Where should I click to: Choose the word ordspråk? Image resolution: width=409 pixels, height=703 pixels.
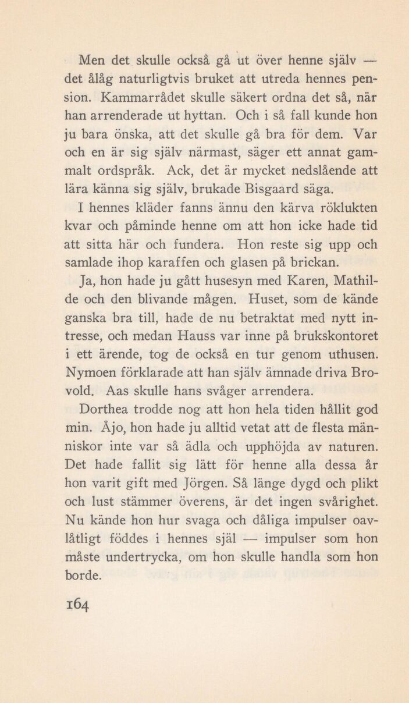(130, 172)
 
